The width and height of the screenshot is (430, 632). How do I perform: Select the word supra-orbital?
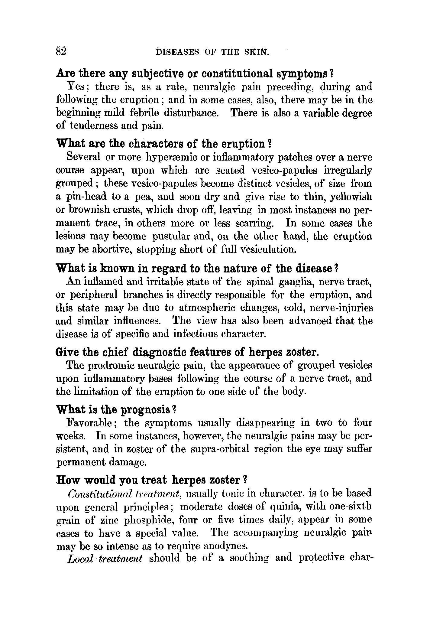220,449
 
